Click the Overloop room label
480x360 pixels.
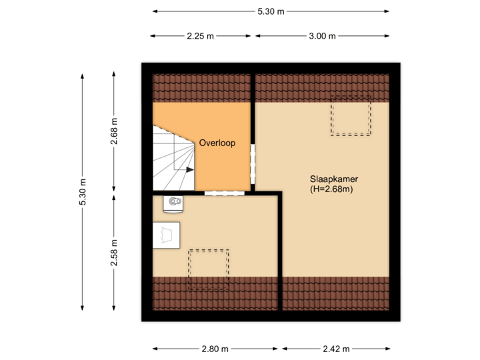[x=217, y=143]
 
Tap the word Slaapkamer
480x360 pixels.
[x=331, y=179]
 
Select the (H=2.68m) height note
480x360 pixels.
[x=331, y=189]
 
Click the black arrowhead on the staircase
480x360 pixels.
[x=190, y=169]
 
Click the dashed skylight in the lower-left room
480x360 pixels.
[x=208, y=269]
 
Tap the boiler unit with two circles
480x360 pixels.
[x=175, y=202]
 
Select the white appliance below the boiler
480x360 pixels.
[x=166, y=235]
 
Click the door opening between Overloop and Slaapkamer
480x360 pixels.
[x=253, y=164]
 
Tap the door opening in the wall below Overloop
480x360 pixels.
[x=223, y=193]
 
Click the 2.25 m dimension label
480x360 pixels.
[x=200, y=36]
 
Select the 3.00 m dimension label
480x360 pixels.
[x=321, y=36]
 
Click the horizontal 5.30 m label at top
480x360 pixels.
[x=271, y=11]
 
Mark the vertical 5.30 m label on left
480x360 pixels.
[x=83, y=193]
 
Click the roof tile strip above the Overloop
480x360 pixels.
[x=202, y=88]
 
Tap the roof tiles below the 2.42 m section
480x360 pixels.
[x=336, y=293]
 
